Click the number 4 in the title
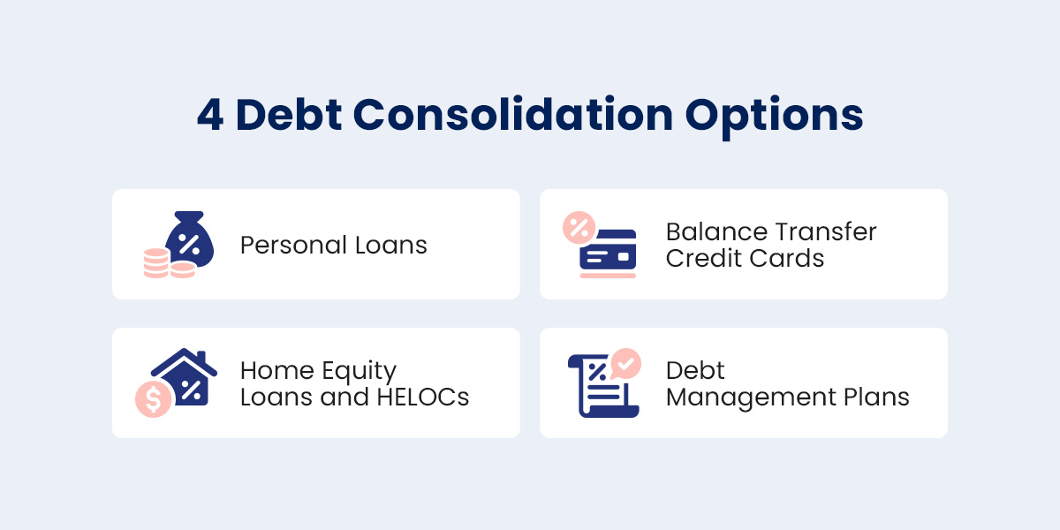pyautogui.click(x=210, y=115)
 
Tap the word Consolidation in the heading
pyautogui.click(x=513, y=114)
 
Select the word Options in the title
pyautogui.click(x=774, y=117)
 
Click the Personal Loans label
pyautogui.click(x=334, y=246)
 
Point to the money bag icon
pyautogui.click(x=189, y=239)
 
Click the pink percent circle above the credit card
pyautogui.click(x=579, y=228)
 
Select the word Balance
pyautogui.click(x=713, y=231)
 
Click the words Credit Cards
pyautogui.click(x=745, y=258)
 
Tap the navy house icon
pyautogui.click(x=185, y=376)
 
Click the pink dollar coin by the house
pyautogui.click(x=154, y=399)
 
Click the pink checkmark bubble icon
pyautogui.click(x=625, y=363)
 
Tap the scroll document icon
pyautogui.click(x=601, y=386)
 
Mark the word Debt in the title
pyautogui.click(x=289, y=115)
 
